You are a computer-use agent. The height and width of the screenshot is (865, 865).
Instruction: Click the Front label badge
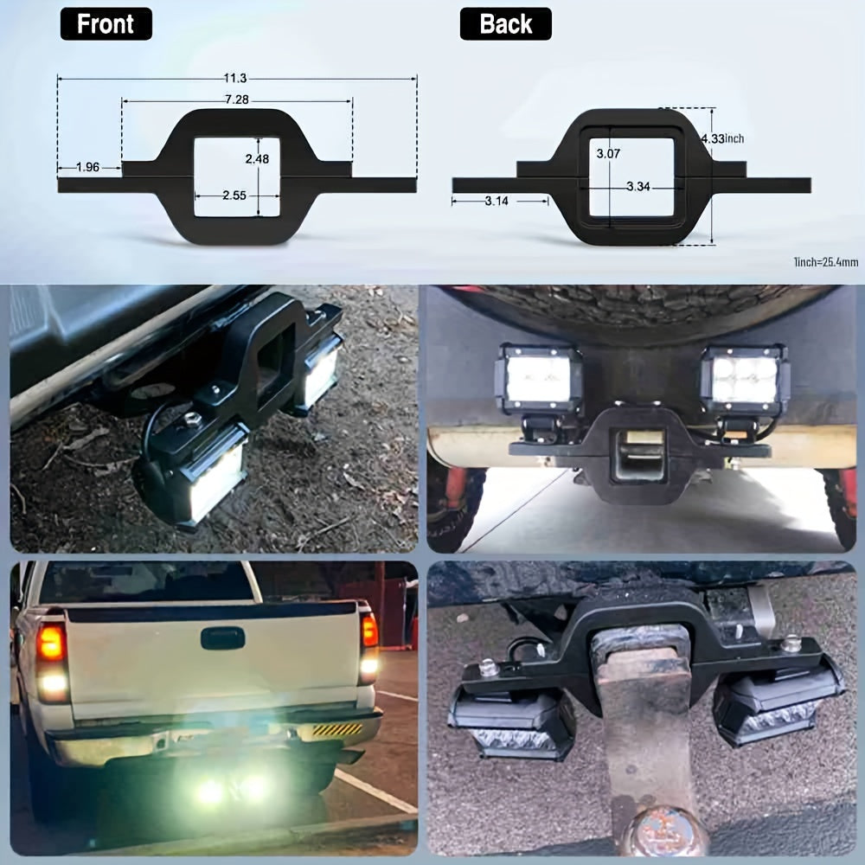pos(106,23)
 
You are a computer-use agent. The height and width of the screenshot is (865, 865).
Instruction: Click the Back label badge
pos(505,23)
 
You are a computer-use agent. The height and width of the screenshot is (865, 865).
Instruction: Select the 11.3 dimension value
pos(235,79)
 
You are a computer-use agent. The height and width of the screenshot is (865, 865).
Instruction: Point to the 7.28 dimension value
pos(237,99)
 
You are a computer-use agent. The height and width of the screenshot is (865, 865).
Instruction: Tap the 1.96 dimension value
pos(87,167)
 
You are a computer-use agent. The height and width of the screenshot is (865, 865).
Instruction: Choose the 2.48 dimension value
pos(257,159)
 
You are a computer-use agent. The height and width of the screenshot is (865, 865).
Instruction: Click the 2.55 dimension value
pos(234,195)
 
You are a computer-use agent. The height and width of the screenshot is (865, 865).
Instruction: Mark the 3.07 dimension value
pos(608,154)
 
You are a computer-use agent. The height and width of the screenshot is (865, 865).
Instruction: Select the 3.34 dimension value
pos(638,187)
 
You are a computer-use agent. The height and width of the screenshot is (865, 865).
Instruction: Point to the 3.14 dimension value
pos(497,201)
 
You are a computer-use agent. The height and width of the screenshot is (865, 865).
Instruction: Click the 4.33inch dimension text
pos(722,138)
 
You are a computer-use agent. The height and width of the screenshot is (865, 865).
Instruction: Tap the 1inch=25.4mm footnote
pos(826,262)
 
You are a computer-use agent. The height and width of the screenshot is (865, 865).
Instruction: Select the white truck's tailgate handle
pos(223,638)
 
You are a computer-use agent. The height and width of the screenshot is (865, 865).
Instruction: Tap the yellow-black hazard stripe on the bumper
pos(337,730)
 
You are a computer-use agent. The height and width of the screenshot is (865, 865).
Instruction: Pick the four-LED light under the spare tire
pos(745,380)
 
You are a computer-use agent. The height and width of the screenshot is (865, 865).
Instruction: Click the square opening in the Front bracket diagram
pos(237,177)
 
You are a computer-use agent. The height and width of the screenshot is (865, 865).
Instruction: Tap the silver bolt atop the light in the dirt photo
pos(193,420)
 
